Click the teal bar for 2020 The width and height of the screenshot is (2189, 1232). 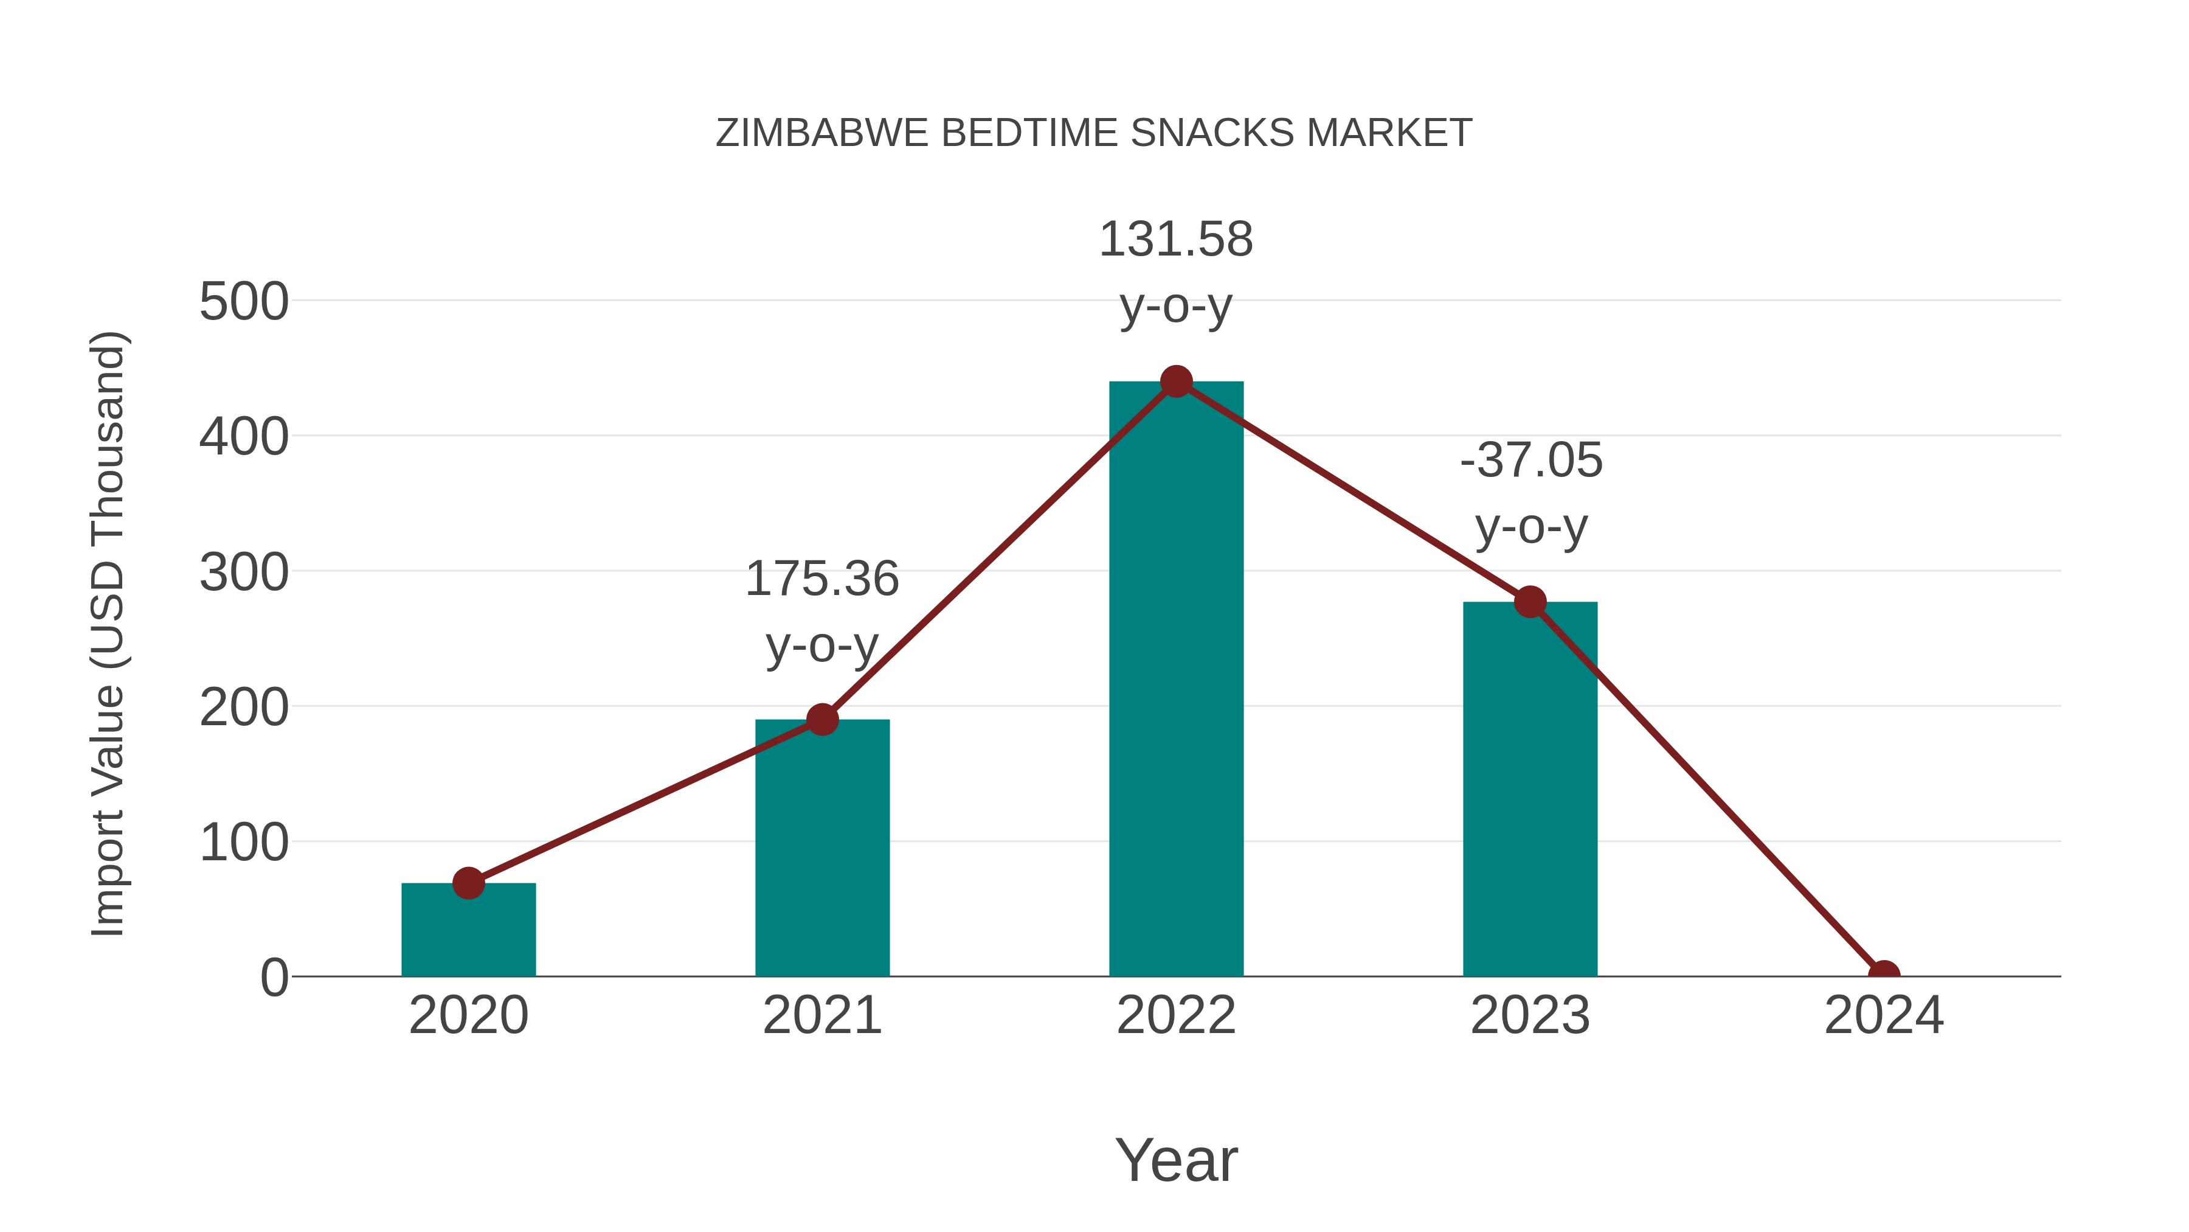point(468,931)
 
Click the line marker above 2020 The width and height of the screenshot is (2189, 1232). point(468,883)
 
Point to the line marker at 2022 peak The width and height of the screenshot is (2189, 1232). point(1176,381)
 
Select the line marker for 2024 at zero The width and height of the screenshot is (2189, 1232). point(1884,975)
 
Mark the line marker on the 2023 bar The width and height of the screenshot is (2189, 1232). point(1530,602)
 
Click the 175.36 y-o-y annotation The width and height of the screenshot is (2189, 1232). point(821,612)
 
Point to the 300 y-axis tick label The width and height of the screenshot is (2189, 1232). point(244,572)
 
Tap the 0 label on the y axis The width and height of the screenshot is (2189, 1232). point(274,978)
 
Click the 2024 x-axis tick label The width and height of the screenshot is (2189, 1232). point(1884,1015)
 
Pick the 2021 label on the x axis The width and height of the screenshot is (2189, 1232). point(821,1015)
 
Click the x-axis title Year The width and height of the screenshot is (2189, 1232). point(1176,1160)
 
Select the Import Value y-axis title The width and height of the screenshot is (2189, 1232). point(109,633)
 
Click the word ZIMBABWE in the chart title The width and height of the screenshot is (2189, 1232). point(821,133)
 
